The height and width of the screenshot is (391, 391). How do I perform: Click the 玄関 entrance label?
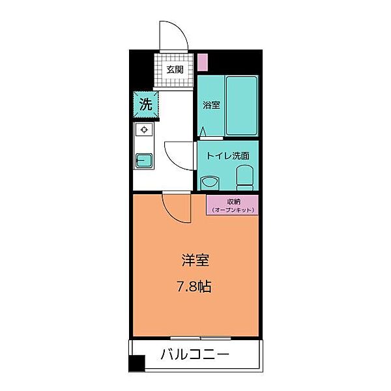[x=174, y=70]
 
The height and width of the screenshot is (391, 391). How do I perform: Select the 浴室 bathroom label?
[x=210, y=105]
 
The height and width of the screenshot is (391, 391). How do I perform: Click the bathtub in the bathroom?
[x=242, y=106]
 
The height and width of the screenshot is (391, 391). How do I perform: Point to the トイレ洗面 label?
[x=227, y=156]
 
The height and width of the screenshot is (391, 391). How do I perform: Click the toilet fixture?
[x=245, y=176]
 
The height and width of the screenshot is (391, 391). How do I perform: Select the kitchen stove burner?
[x=143, y=129]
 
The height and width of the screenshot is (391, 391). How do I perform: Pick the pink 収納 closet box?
[x=233, y=205]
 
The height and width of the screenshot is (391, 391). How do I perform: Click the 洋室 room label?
[x=195, y=259]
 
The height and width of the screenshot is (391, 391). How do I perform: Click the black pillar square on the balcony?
[x=136, y=365]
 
